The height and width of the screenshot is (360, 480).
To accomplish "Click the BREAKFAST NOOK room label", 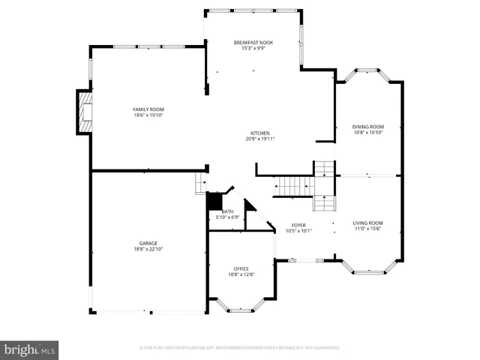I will tap(253, 43).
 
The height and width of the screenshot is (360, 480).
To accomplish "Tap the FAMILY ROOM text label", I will tap(148, 109).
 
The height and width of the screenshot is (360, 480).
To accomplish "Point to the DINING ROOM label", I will tap(368, 127).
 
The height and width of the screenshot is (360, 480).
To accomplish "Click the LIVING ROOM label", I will tap(368, 223).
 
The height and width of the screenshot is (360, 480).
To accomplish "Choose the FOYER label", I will tap(298, 225).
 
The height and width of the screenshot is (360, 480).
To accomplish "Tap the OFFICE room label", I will tap(241, 268).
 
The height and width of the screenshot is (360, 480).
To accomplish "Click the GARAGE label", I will tap(148, 243).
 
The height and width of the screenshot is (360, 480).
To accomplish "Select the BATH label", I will tap(226, 211).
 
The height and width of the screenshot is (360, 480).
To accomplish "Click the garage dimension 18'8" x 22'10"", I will tap(148, 249).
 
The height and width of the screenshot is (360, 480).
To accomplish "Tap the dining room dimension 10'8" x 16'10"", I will tap(368, 133).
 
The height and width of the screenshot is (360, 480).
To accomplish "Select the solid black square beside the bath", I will tap(214, 202).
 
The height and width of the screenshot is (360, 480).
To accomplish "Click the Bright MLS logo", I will tap(29, 349).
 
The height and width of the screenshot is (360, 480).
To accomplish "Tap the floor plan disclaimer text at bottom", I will tap(240, 348).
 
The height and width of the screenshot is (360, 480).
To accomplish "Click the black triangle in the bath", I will tap(249, 205).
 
